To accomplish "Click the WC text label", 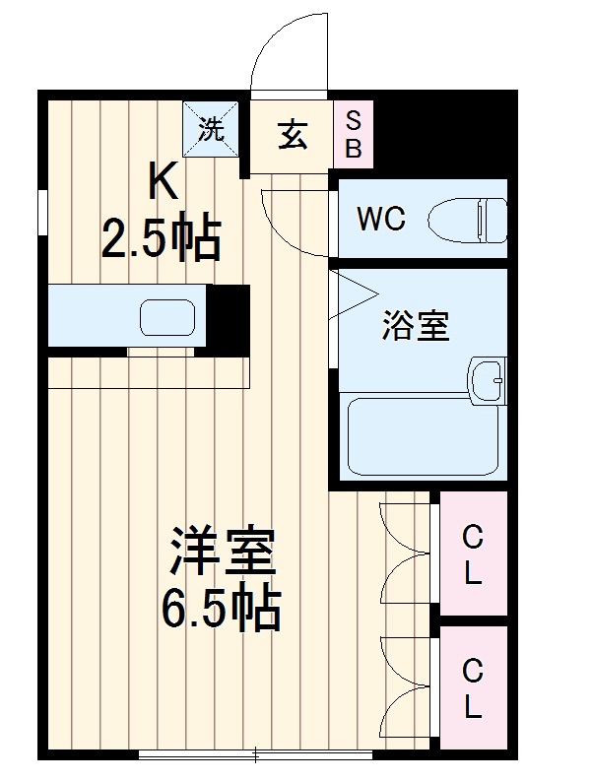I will click(x=381, y=219).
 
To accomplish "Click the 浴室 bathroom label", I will click(x=416, y=326).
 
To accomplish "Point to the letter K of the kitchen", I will click(x=163, y=183).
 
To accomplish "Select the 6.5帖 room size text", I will click(x=222, y=611).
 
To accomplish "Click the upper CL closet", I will click(x=473, y=555).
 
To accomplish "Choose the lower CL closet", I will click(x=473, y=688).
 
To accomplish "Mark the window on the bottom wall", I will click(x=255, y=755).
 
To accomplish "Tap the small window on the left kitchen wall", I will click(x=42, y=212).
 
